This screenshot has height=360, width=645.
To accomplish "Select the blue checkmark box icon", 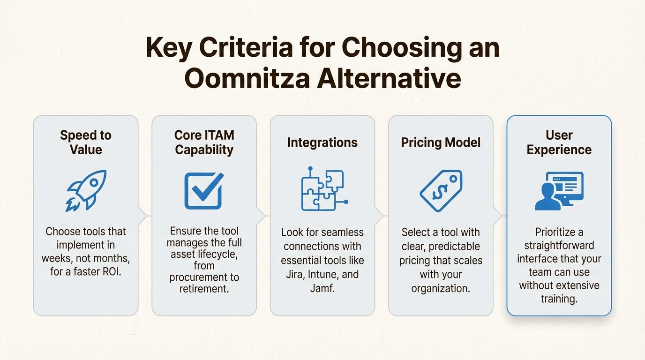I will pyautogui.click(x=203, y=190).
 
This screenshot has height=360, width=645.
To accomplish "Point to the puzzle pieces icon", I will pyautogui.click(x=323, y=188).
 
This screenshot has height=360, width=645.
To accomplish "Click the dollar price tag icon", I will pyautogui.click(x=441, y=190).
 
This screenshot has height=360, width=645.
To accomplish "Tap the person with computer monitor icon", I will pyautogui.click(x=559, y=190).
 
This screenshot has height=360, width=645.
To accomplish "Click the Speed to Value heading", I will pyautogui.click(x=86, y=142).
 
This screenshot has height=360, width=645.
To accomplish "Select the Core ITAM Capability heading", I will pyautogui.click(x=204, y=142).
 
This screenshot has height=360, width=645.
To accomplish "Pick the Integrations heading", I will pyautogui.click(x=322, y=142).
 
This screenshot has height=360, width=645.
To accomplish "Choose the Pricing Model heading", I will pyautogui.click(x=441, y=142).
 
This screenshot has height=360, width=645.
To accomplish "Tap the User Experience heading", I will pyautogui.click(x=559, y=142).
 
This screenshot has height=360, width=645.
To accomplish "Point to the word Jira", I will pyautogui.click(x=295, y=274).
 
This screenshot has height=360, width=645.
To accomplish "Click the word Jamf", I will pyautogui.click(x=322, y=288).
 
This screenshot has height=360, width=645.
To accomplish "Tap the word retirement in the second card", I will pyautogui.click(x=204, y=289).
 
